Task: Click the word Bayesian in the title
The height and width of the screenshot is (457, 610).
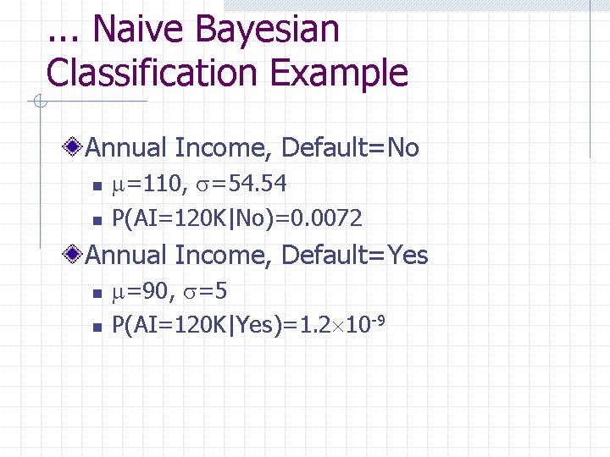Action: (x=267, y=30)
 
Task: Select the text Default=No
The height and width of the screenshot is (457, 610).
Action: (x=350, y=148)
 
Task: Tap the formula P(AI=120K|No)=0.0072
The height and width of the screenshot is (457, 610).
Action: (x=237, y=218)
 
